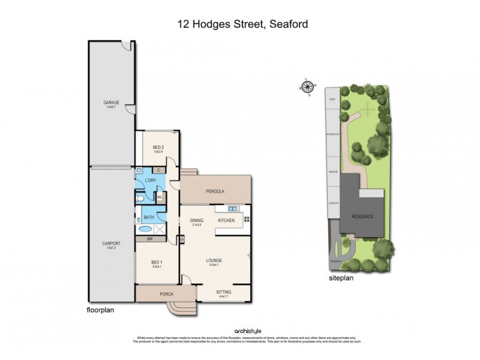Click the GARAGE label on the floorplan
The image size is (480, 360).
pyautogui.click(x=112, y=103)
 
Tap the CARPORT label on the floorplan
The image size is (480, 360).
pyautogui.click(x=112, y=243)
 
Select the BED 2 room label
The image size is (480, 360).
pyautogui.click(x=158, y=148)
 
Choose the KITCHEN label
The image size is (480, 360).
pyautogui.click(x=226, y=221)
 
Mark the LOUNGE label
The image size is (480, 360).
pyautogui.click(x=214, y=260)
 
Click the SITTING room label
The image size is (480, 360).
pyautogui.click(x=223, y=292)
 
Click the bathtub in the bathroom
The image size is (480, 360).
pyautogui.click(x=146, y=229)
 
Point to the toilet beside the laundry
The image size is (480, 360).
pyautogui.click(x=139, y=196)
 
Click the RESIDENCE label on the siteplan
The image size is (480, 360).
pyautogui.click(x=362, y=217)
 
